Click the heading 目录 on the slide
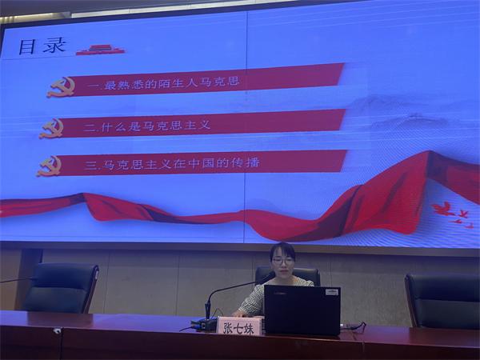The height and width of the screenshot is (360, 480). pos(42,46)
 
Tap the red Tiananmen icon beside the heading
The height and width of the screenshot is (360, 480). pos(101,50)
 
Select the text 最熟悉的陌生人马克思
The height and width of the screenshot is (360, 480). pos(171,82)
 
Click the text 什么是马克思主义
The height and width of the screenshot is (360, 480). pos(155,126)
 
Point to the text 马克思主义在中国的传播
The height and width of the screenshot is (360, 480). pos(182,163)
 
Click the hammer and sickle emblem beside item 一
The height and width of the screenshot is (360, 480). pos(62,87)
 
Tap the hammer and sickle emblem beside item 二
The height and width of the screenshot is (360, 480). pos(52,128)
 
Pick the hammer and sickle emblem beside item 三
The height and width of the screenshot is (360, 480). pos(50,166)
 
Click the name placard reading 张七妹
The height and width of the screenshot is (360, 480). pos(238,326)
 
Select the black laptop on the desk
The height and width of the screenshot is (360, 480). pos(302,310)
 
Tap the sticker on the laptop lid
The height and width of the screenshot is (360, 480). pos(332,292)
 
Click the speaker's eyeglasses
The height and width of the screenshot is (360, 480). pos(282,261)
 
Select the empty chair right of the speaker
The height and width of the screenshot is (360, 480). pos(442,301)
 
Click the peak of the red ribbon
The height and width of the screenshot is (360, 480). pos(430,151)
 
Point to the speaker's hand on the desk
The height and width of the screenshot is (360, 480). pos(239,314)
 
